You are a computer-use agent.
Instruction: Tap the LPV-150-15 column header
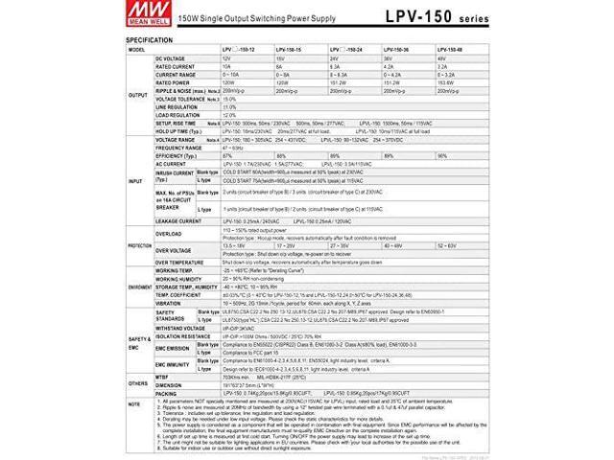coord(289,49)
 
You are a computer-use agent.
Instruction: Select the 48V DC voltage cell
coord(441,58)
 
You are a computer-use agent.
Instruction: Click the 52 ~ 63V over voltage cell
coord(446,245)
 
